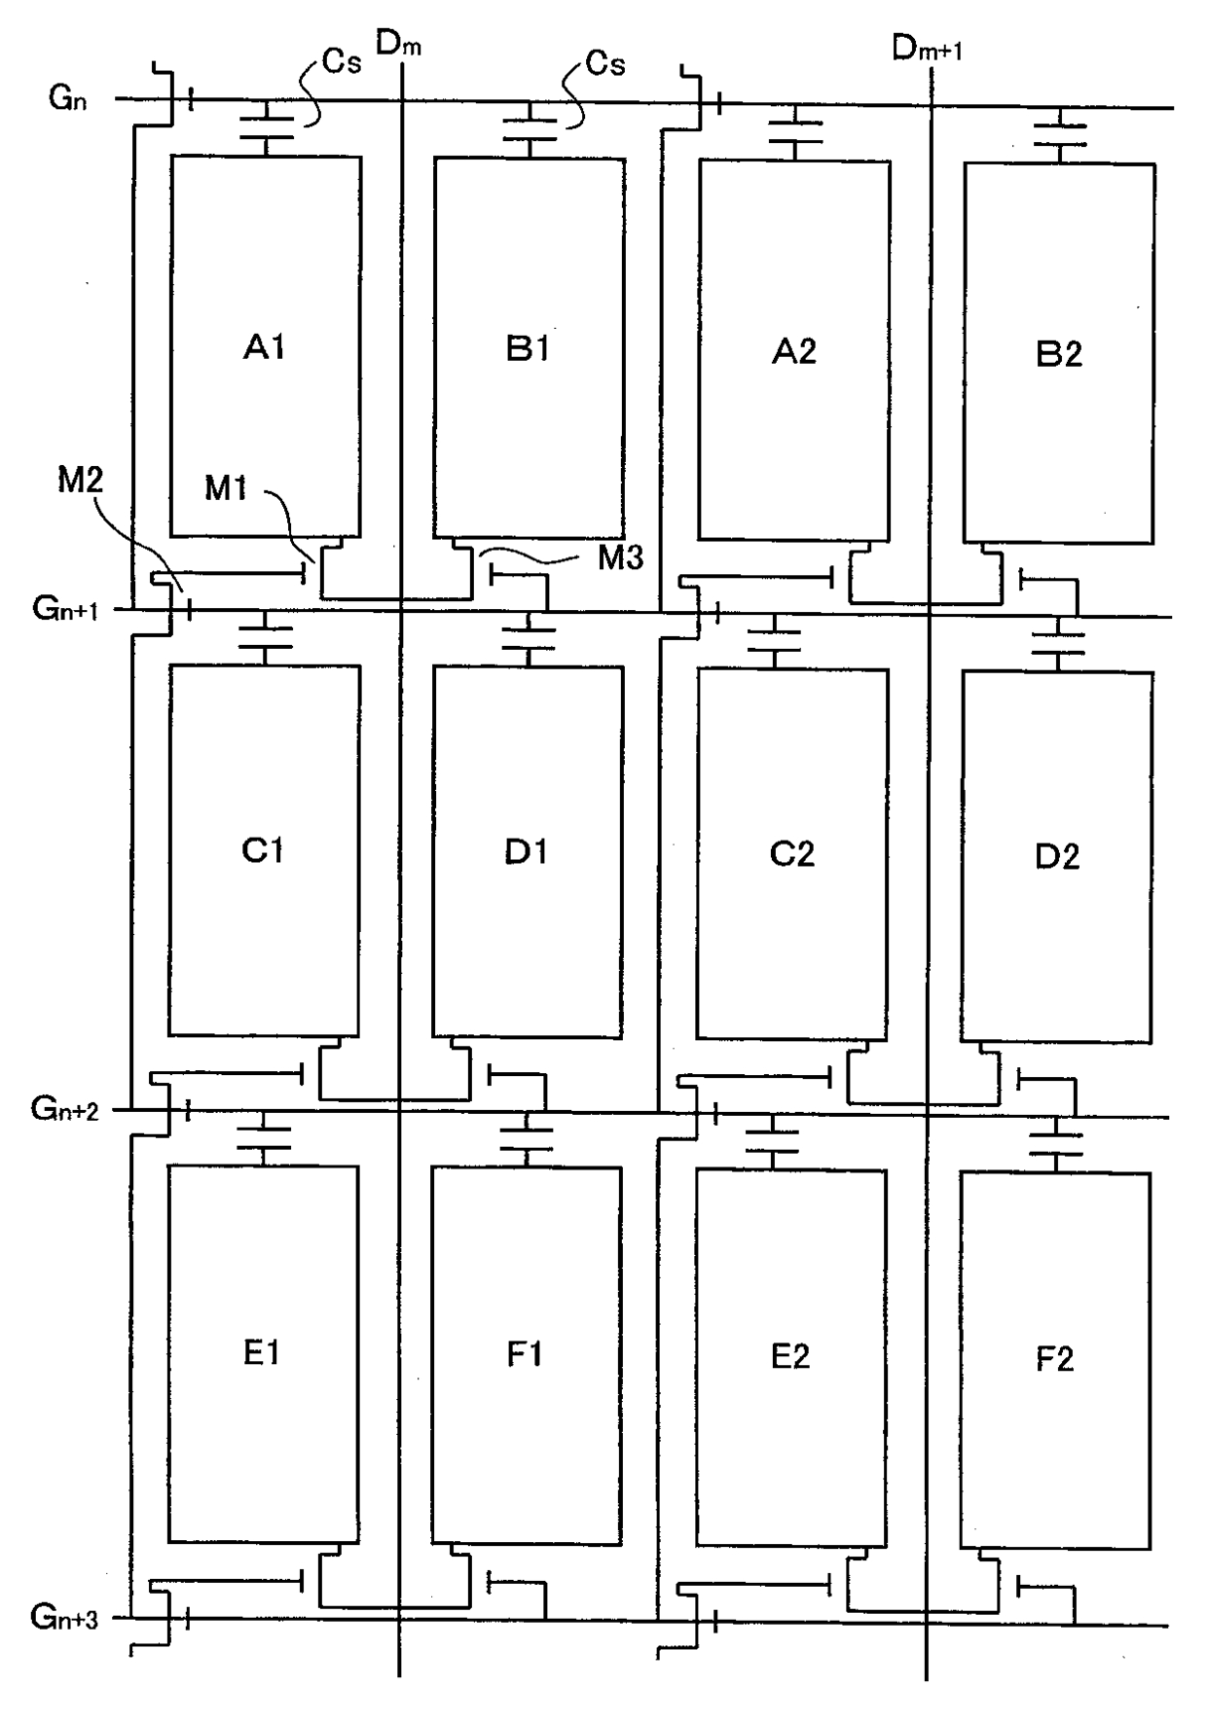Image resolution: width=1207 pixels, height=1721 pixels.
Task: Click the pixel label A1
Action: pyautogui.click(x=264, y=347)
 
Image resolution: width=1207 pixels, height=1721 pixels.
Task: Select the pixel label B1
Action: pyautogui.click(x=528, y=348)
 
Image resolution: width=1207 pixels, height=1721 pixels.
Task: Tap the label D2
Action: pyautogui.click(x=1056, y=857)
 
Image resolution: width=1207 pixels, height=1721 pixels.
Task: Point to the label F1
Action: pyautogui.click(x=526, y=1353)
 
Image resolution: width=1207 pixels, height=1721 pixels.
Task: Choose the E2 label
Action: pyautogui.click(x=790, y=1356)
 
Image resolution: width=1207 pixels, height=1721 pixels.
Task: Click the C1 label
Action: pyautogui.click(x=263, y=851)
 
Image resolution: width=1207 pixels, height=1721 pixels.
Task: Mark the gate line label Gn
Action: pyautogui.click(x=68, y=98)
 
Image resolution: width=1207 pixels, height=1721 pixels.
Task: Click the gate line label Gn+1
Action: pyautogui.click(x=65, y=609)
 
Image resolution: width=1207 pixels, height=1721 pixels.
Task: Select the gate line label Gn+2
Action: pyautogui.click(x=65, y=1108)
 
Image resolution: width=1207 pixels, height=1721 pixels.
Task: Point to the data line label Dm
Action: pyautogui.click(x=398, y=44)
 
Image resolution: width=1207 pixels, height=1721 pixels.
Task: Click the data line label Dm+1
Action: pyautogui.click(x=927, y=48)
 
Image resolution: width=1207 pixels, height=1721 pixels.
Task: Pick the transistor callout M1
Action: pyautogui.click(x=226, y=488)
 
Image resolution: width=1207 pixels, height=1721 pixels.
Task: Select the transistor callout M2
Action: pyautogui.click(x=81, y=480)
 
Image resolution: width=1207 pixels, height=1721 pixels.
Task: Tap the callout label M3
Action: pyautogui.click(x=620, y=557)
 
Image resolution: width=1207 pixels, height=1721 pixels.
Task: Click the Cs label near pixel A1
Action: pyautogui.click(x=342, y=63)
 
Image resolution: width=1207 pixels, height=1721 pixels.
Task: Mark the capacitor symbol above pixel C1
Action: pyautogui.click(x=266, y=637)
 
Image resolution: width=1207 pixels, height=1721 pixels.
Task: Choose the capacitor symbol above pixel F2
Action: pyautogui.click(x=1056, y=1145)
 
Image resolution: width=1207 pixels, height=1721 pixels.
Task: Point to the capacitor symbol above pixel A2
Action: pyautogui.click(x=795, y=132)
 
